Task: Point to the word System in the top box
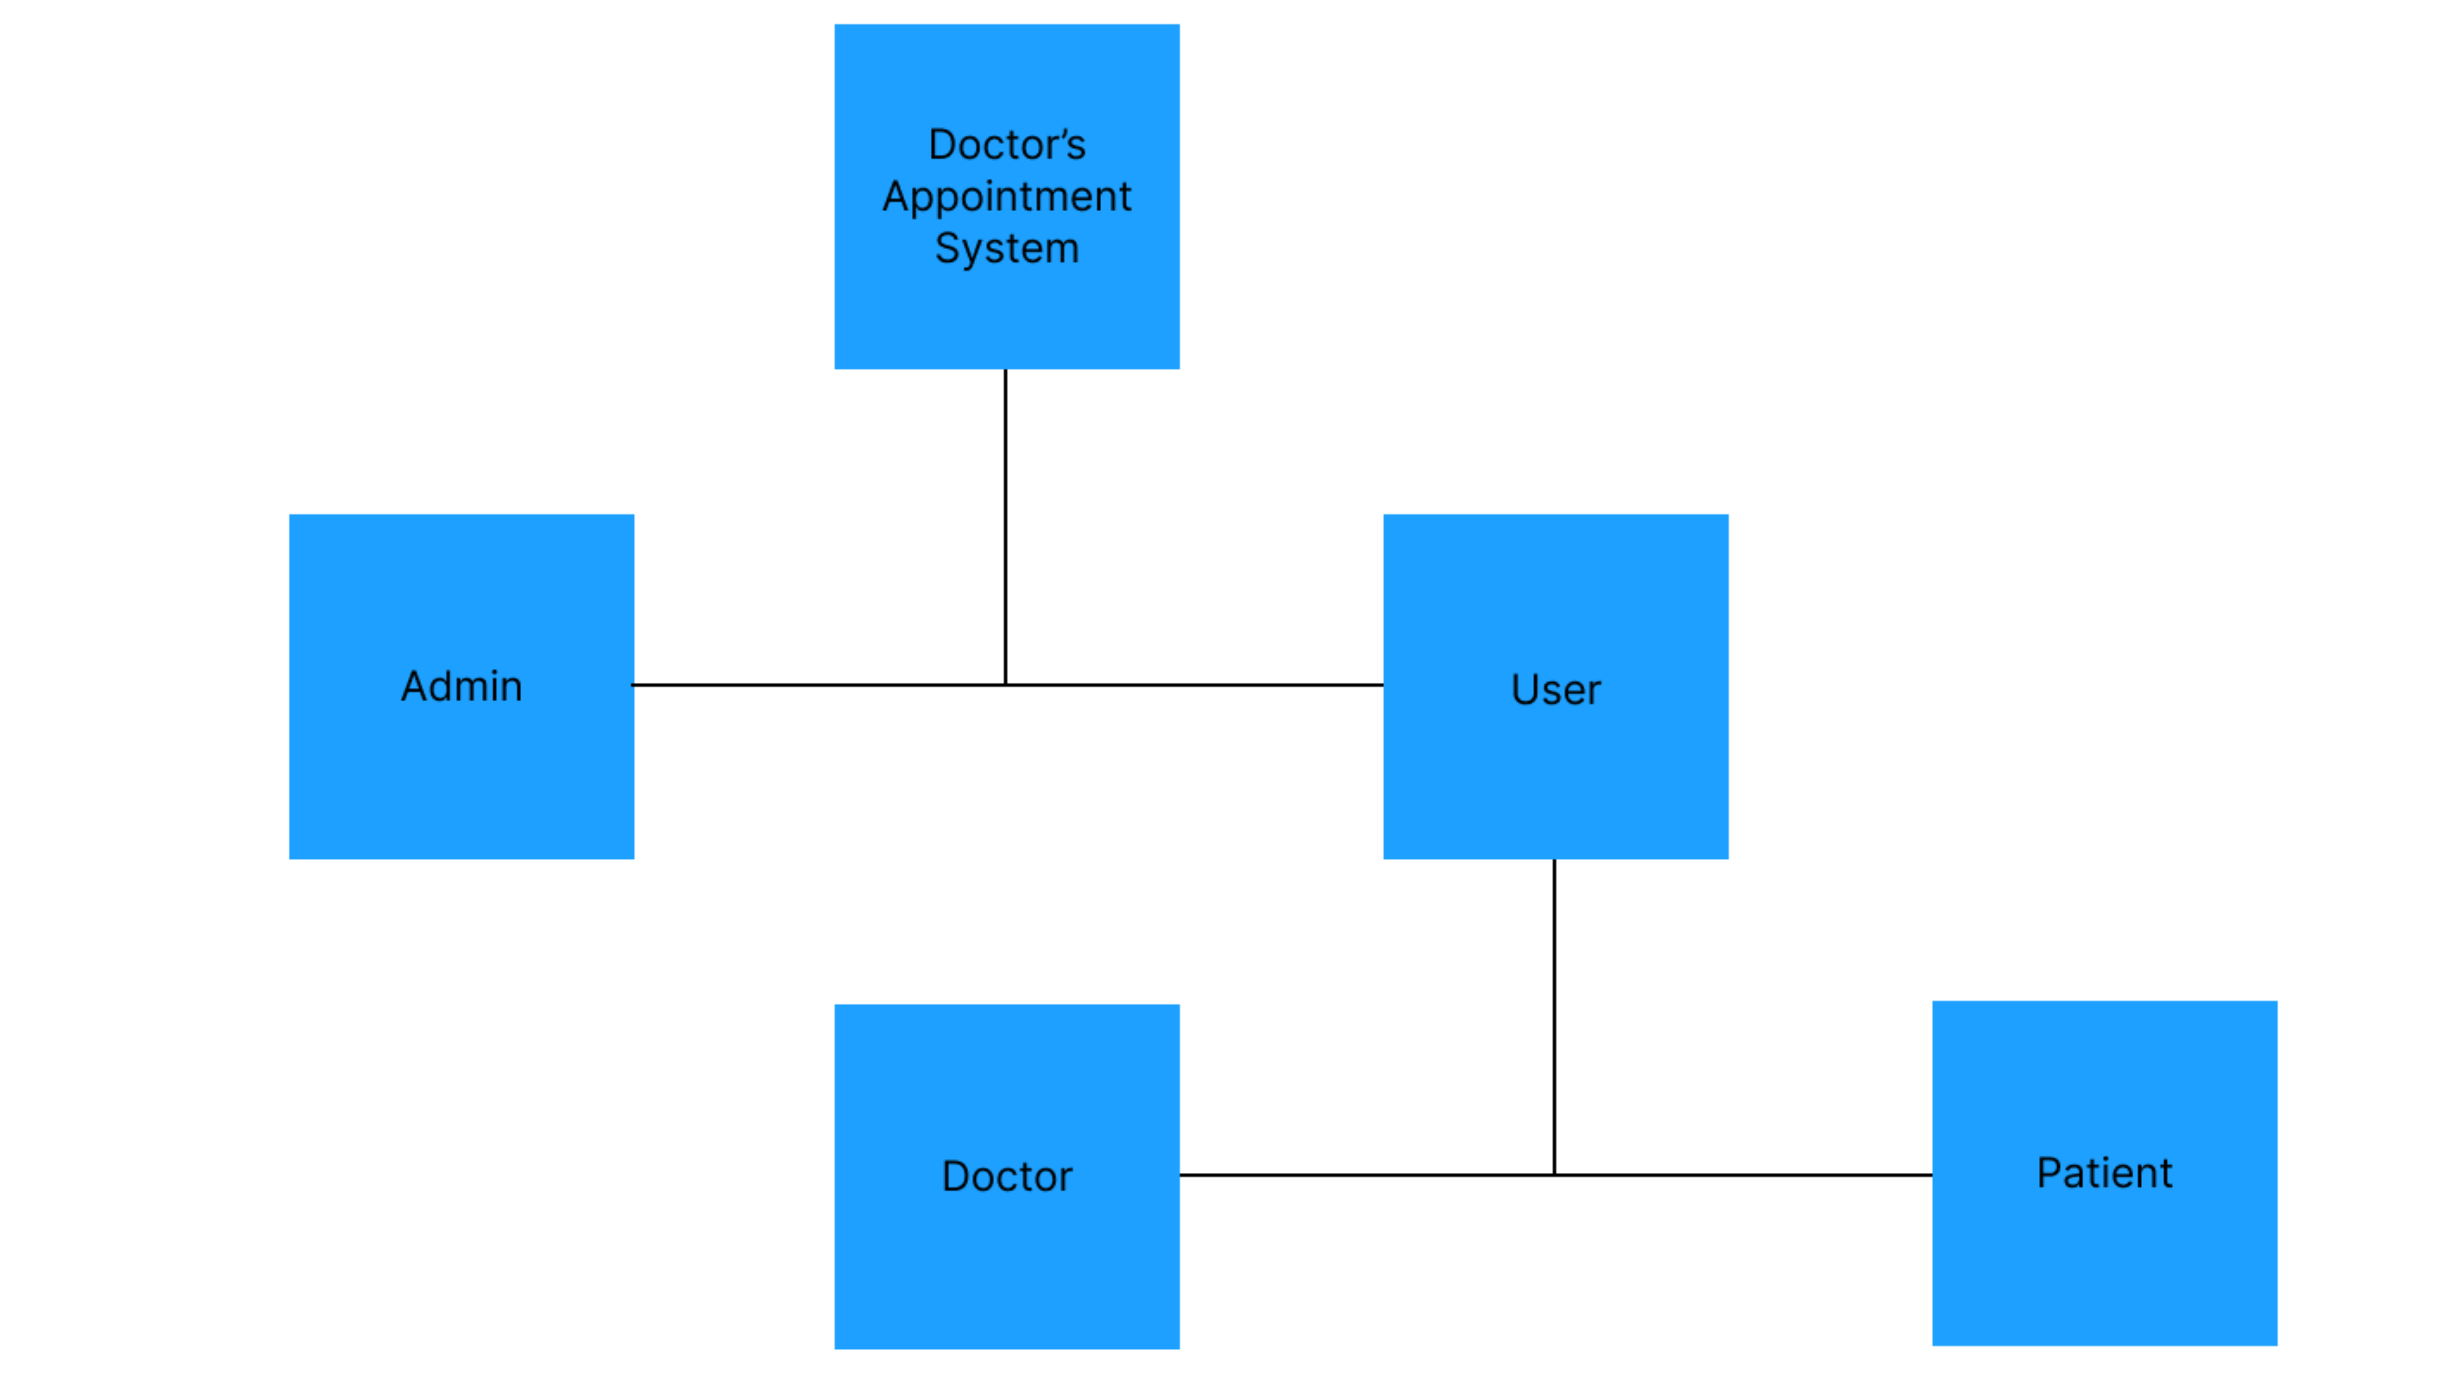pos(1007,249)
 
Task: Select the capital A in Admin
pos(414,686)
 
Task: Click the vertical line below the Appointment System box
pos(1005,525)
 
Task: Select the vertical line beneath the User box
pos(1555,1012)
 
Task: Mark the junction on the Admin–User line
pos(1005,685)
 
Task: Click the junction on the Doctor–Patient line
pos(1555,1175)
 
